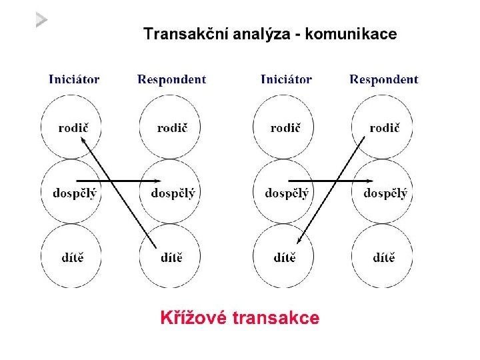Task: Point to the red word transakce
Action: (277, 318)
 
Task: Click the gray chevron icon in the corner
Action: (42, 20)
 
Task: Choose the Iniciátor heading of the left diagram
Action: (74, 80)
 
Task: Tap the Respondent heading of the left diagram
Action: (172, 80)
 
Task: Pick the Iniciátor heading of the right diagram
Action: (286, 80)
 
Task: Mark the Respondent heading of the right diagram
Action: (384, 80)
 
